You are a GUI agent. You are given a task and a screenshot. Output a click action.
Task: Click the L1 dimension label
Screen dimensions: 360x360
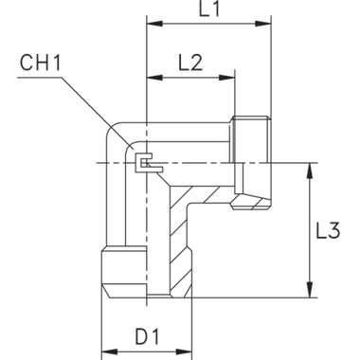(x=209, y=11)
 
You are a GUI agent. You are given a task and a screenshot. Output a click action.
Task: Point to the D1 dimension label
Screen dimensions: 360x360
(x=145, y=336)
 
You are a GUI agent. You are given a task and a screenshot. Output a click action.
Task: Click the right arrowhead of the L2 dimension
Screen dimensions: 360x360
(x=225, y=77)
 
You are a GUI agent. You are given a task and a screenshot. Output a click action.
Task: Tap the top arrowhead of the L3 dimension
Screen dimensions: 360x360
(x=310, y=170)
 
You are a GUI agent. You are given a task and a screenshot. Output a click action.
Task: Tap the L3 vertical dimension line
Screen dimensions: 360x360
(x=310, y=232)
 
